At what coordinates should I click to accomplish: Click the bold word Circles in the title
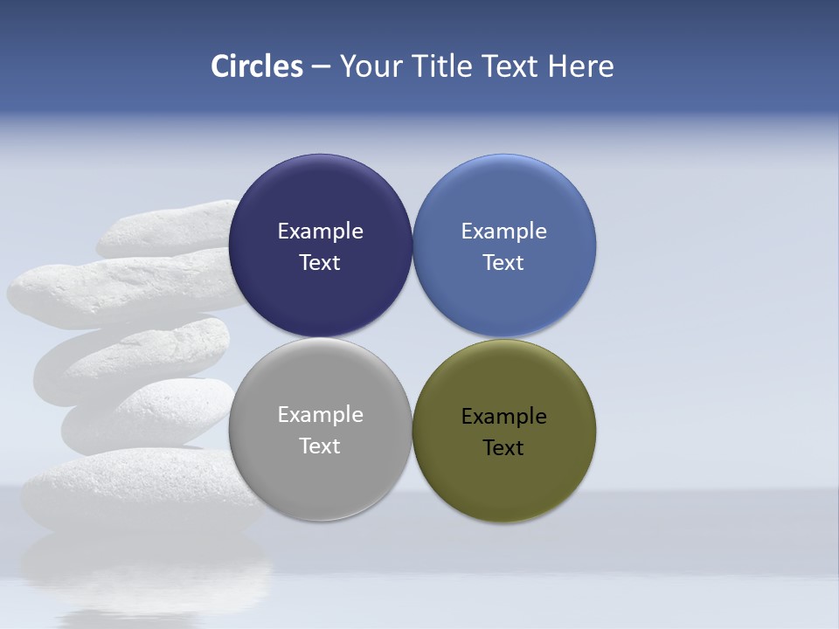256,66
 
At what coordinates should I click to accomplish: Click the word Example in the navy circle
320,232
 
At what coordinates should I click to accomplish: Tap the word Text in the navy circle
320,263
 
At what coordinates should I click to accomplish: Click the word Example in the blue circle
503,232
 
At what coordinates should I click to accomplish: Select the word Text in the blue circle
503,263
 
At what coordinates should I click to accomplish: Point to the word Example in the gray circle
320,415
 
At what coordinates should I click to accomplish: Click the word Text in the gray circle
320,446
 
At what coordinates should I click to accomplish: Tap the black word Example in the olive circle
503,417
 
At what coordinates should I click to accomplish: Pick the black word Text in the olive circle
503,448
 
